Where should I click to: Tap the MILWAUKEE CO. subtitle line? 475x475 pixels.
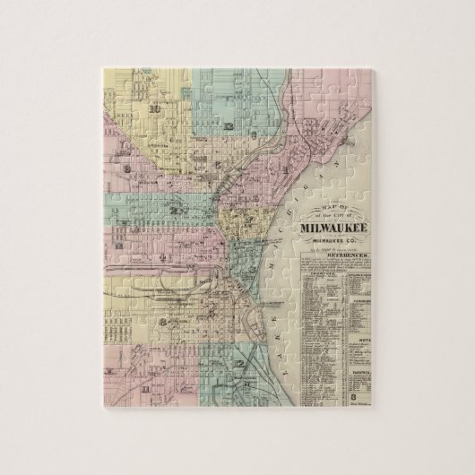(x=338, y=240)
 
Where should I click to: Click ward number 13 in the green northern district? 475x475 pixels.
(x=231, y=127)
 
